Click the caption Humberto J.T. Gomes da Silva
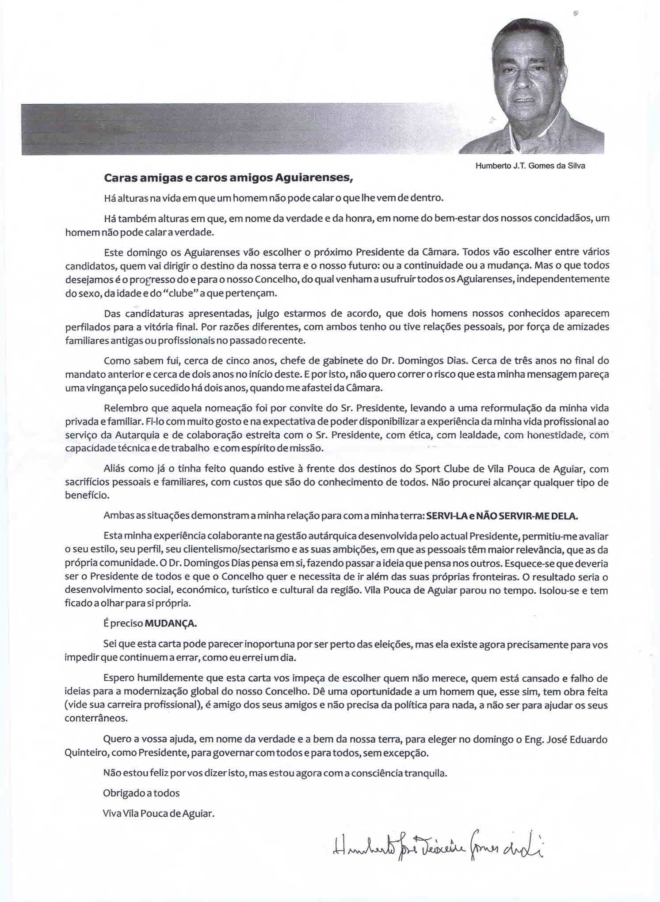530,166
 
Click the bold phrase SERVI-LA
444,515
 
